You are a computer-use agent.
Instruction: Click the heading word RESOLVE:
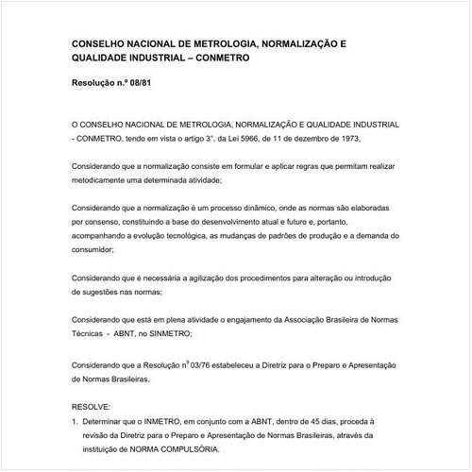(x=91, y=403)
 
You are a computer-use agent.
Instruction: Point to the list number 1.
(x=75, y=421)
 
